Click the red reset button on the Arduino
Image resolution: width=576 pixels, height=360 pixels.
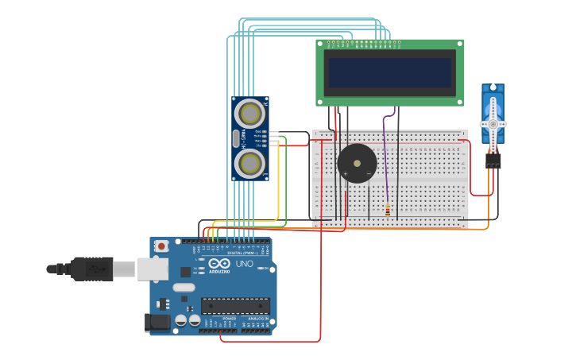point(161,246)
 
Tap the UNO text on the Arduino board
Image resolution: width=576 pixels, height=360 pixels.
point(244,264)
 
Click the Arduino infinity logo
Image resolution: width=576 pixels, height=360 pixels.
point(220,263)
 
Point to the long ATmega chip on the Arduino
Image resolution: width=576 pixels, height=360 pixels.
point(235,305)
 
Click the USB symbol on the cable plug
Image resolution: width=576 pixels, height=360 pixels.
point(99,269)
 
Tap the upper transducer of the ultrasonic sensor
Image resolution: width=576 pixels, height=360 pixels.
point(250,114)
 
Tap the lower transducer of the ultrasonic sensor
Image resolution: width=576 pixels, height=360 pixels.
point(250,163)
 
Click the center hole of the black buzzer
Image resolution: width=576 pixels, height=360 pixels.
point(357,163)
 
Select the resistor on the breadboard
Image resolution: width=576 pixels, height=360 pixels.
point(388,211)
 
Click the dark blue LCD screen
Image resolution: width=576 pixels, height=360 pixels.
point(389,72)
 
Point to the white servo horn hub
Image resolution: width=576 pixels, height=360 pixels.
point(493,124)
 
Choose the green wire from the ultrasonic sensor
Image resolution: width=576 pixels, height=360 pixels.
point(285,175)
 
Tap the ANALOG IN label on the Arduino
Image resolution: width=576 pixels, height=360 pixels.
point(257,318)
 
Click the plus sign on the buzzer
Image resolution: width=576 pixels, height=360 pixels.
point(345,173)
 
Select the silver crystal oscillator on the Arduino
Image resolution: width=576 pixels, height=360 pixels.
point(184,288)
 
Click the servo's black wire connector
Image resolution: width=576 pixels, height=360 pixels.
point(493,161)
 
